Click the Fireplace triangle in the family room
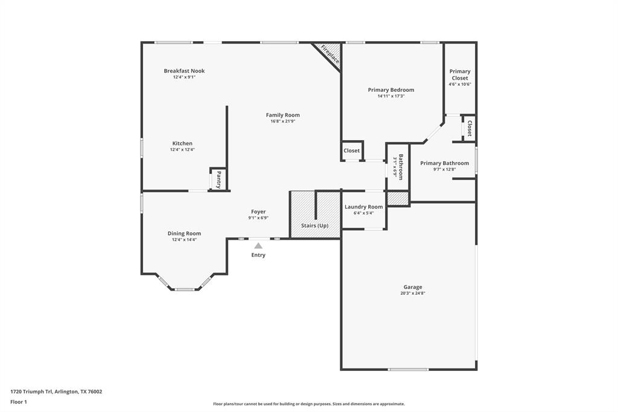tap(330, 53)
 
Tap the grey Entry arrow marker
tap(258, 245)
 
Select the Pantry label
tap(218, 179)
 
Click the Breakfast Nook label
tap(184, 71)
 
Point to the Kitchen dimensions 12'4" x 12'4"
tap(182, 150)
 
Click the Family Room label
tap(282, 115)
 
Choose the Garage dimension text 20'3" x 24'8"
tap(413, 294)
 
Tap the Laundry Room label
tap(363, 207)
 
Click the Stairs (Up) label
tap(314, 225)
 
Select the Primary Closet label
tap(459, 74)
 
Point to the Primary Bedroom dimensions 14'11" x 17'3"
tap(391, 96)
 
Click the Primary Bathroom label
tap(444, 163)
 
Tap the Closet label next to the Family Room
tap(351, 150)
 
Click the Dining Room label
tap(184, 233)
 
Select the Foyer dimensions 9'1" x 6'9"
tap(258, 218)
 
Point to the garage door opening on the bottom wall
tap(408, 369)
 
